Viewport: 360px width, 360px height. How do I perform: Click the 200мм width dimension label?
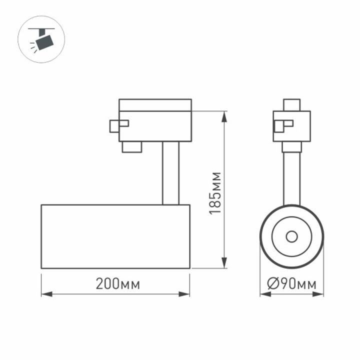tap(118, 284)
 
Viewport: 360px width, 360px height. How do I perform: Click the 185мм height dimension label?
tap(215, 193)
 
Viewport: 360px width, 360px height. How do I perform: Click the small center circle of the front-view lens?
tap(291, 236)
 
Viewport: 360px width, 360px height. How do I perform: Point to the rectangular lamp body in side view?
tap(115, 236)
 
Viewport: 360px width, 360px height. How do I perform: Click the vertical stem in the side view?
tap(170, 173)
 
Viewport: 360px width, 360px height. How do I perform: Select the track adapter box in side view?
tap(155, 120)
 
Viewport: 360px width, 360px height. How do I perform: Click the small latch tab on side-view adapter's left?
tap(118, 125)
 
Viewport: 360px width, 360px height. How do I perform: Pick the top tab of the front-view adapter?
tap(291, 105)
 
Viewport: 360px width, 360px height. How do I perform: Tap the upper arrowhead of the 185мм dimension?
tap(224, 115)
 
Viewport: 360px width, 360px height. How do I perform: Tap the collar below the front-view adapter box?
tap(291, 147)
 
